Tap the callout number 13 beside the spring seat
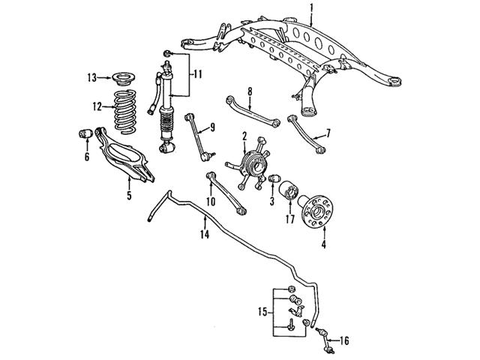click(91, 76)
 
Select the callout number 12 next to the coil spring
click(97, 106)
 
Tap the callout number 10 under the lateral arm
click(211, 200)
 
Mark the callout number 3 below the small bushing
click(271, 202)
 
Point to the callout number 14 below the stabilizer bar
click(204, 235)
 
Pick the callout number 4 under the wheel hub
click(323, 244)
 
